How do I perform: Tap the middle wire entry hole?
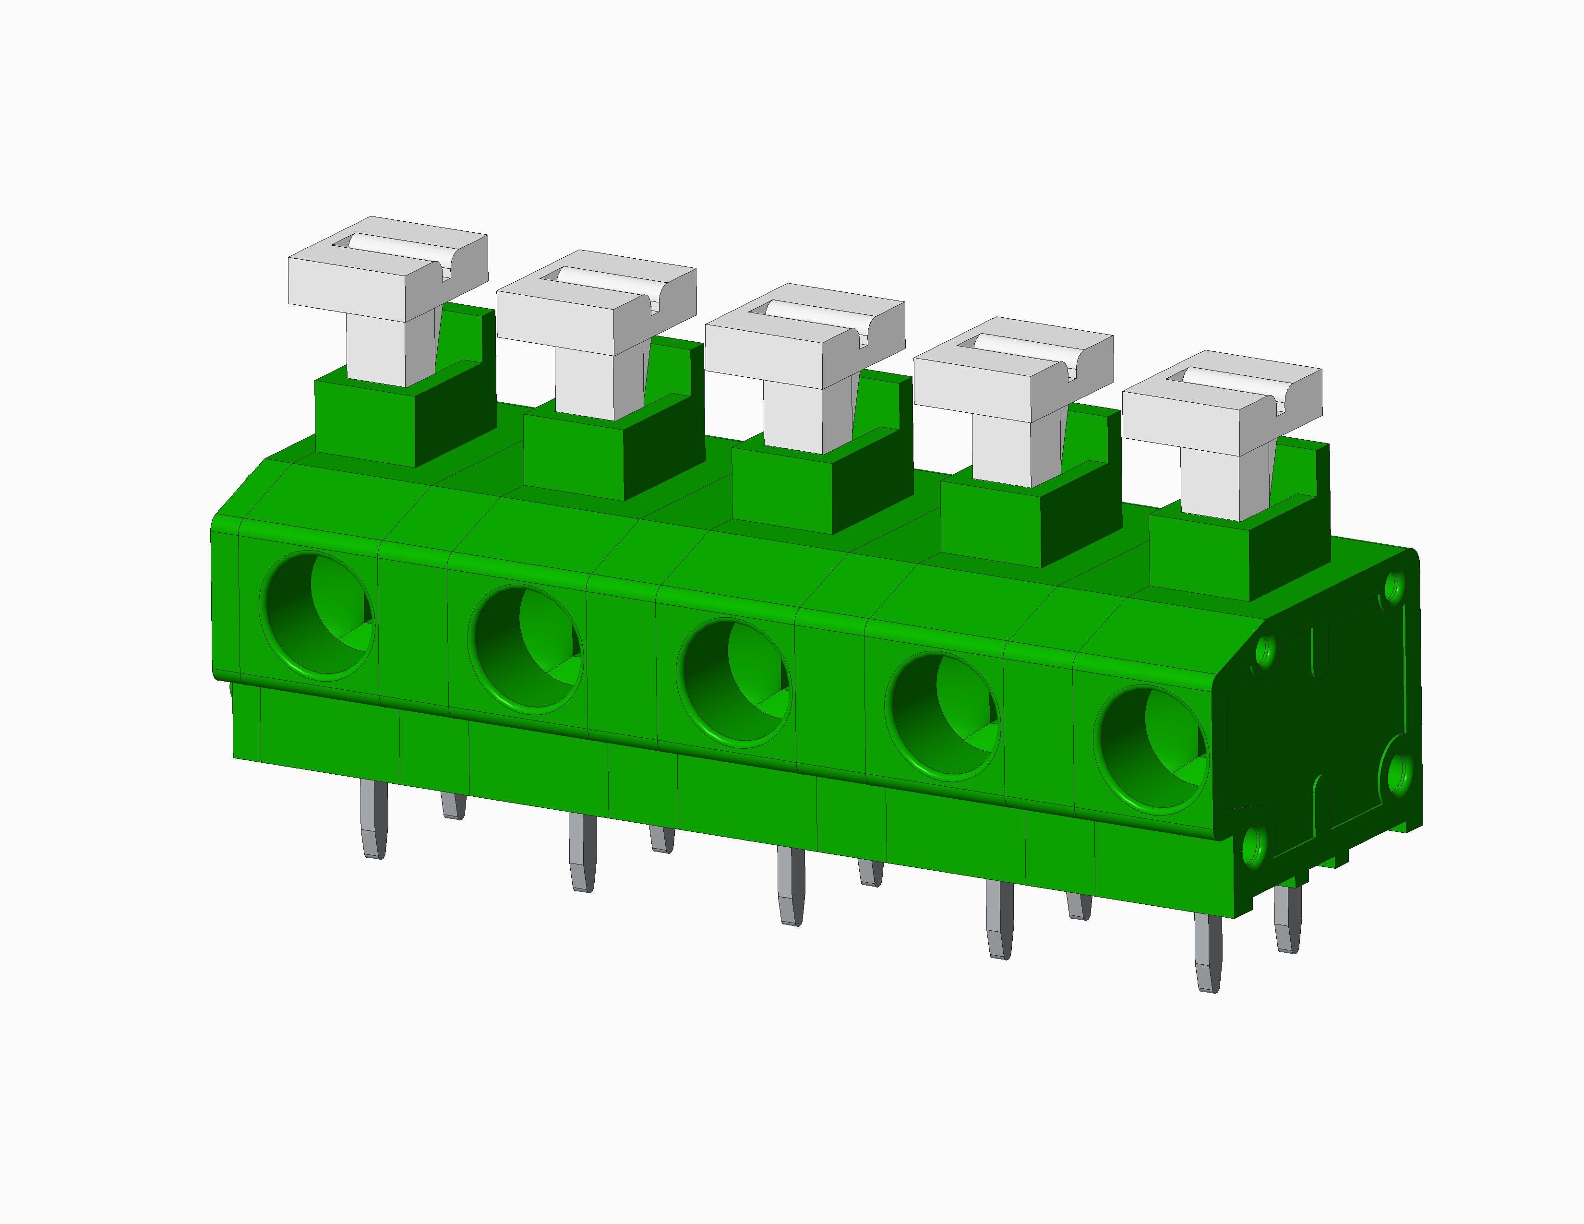click(x=733, y=683)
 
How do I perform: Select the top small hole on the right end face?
click(x=1393, y=588)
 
